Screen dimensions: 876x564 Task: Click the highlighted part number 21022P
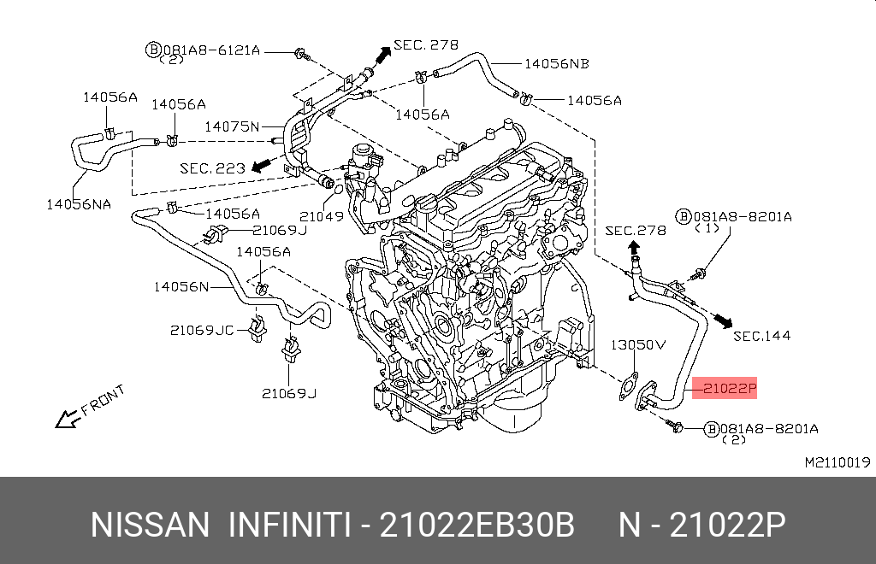(x=730, y=388)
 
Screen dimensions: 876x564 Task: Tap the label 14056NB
(x=556, y=64)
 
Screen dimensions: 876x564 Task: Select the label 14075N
(x=232, y=126)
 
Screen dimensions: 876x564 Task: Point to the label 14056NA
(x=79, y=205)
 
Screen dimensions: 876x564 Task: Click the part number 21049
(x=322, y=216)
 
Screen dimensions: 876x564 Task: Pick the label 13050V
(x=638, y=344)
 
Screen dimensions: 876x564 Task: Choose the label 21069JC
(x=202, y=330)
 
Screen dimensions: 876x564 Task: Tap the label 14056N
(x=181, y=287)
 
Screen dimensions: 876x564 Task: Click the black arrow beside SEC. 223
(x=262, y=165)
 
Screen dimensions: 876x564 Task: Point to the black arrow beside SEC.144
(x=724, y=320)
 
